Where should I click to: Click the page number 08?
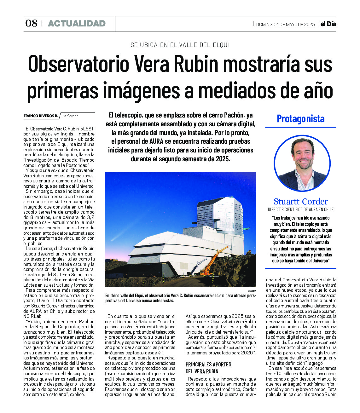(x=31, y=23)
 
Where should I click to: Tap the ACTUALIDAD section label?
(x=77, y=23)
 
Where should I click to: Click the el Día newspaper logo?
(x=328, y=24)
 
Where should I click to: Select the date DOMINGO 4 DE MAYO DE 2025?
(x=285, y=25)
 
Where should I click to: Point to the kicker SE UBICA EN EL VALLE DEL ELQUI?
(x=180, y=45)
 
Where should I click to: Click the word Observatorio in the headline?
(x=79, y=64)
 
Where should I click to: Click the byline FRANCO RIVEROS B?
(x=41, y=116)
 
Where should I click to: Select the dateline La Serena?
(x=70, y=116)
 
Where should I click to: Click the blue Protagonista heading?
(x=300, y=119)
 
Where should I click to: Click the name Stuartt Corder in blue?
(x=300, y=202)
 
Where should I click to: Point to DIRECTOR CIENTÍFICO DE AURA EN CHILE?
(x=300, y=209)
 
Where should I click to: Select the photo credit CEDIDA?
(x=252, y=291)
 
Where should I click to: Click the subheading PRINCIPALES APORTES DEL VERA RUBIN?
(x=208, y=368)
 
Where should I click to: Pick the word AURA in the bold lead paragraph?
(x=156, y=141)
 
